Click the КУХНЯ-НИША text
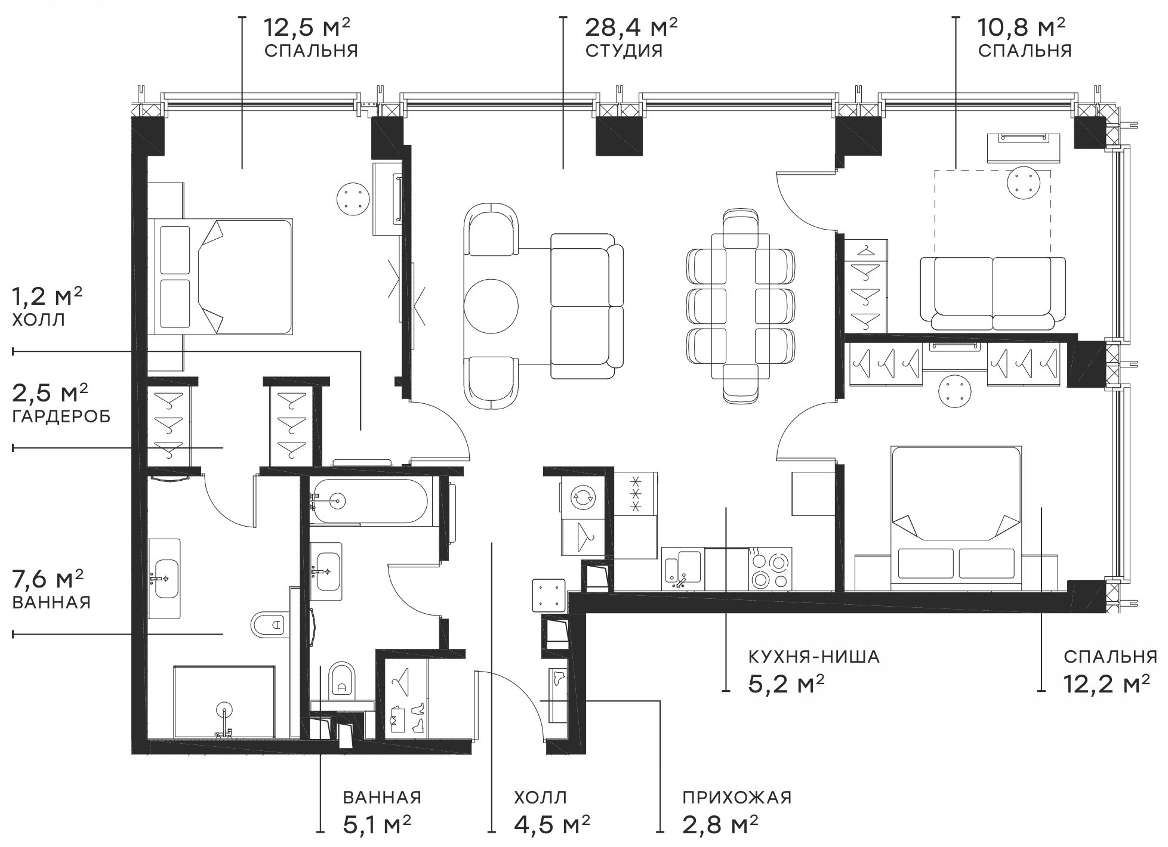(x=813, y=657)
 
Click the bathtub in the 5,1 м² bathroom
(x=368, y=501)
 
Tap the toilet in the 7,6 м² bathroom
(x=269, y=625)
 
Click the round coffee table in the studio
(x=491, y=306)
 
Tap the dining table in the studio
(x=741, y=306)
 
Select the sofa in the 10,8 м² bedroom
(x=992, y=293)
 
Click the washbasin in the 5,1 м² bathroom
(x=326, y=571)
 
